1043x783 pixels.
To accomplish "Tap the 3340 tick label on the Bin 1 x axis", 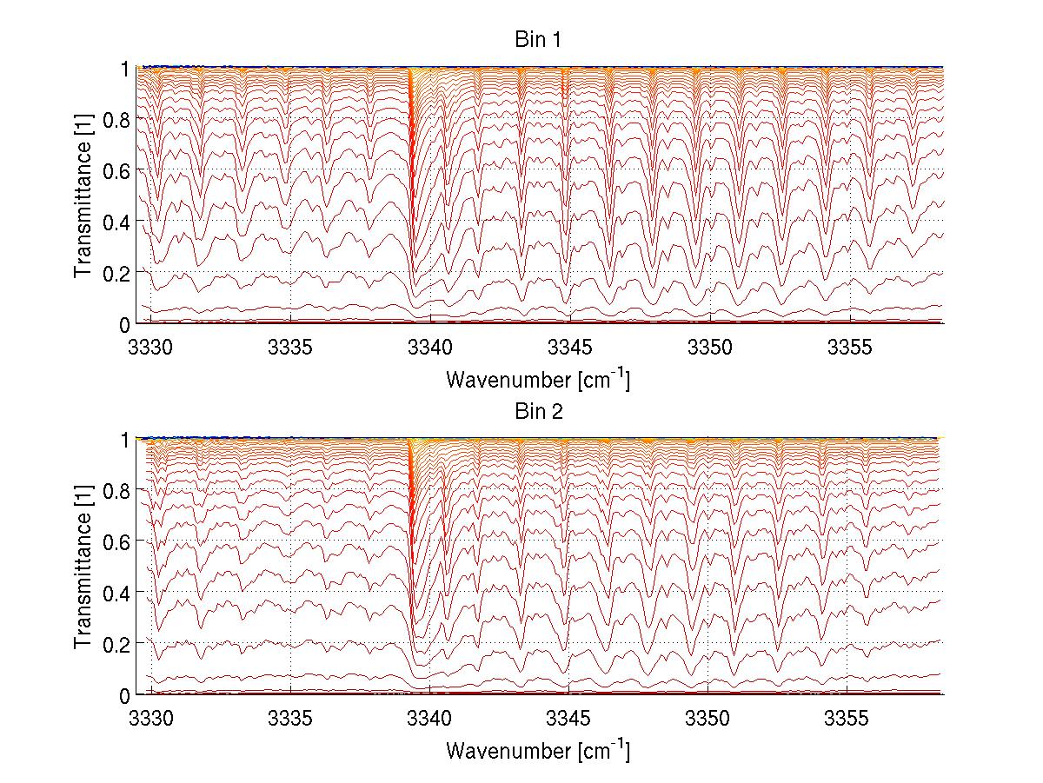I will click(x=430, y=346).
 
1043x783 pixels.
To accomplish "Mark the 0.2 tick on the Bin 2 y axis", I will click(x=119, y=644).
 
